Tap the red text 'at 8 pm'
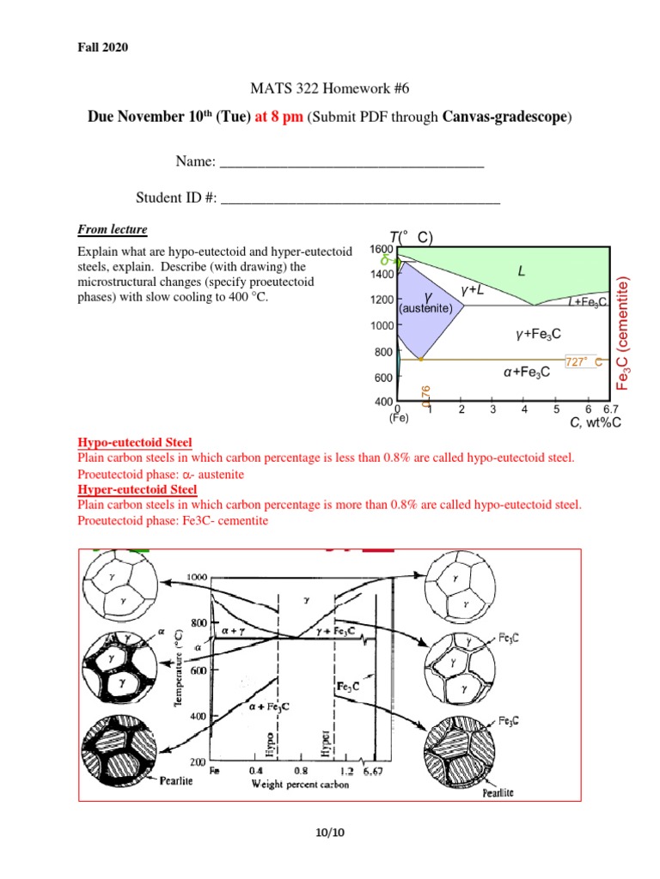click(x=277, y=118)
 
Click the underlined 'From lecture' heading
click(x=113, y=229)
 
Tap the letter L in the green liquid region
click(x=521, y=271)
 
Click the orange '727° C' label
click(x=584, y=361)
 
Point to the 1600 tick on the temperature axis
click(x=382, y=248)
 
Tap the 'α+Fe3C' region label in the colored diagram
click(x=526, y=372)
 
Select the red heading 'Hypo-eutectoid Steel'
click(x=135, y=442)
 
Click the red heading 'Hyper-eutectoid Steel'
click(x=137, y=489)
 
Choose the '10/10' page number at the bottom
click(x=330, y=832)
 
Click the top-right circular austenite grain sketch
click(x=460, y=585)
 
